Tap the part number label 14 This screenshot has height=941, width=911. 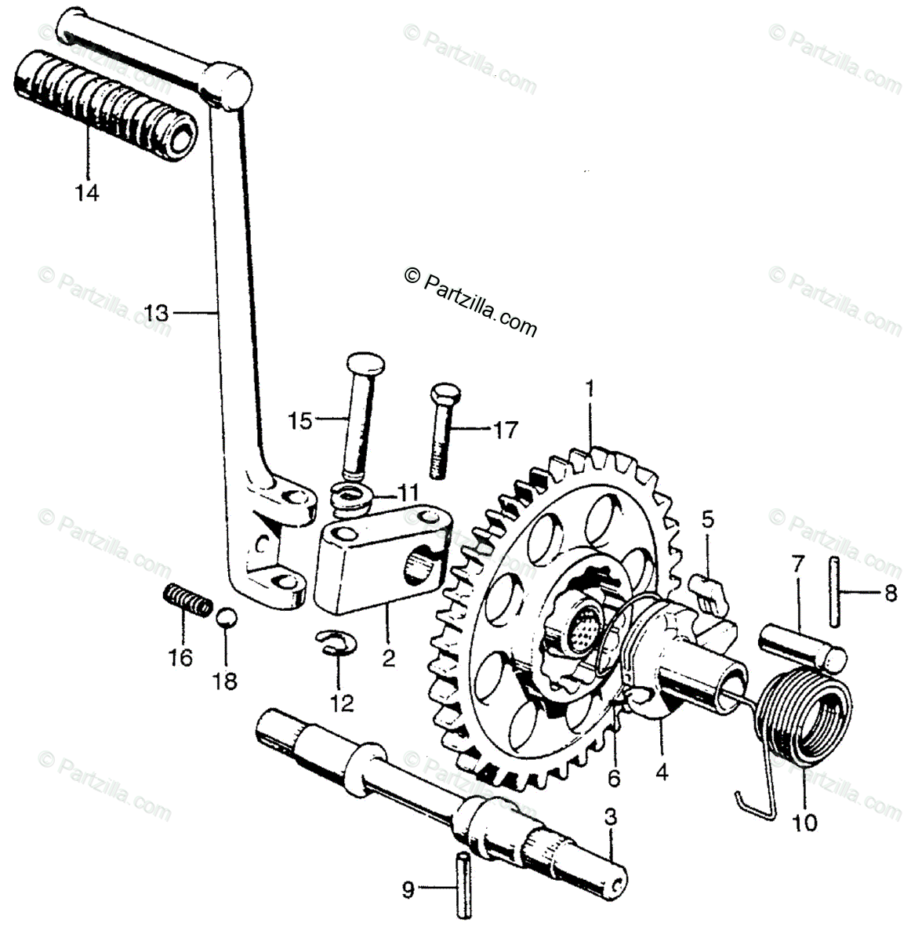(x=87, y=193)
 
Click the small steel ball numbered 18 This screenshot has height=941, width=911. (x=225, y=616)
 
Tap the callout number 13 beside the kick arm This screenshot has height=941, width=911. (x=156, y=313)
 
